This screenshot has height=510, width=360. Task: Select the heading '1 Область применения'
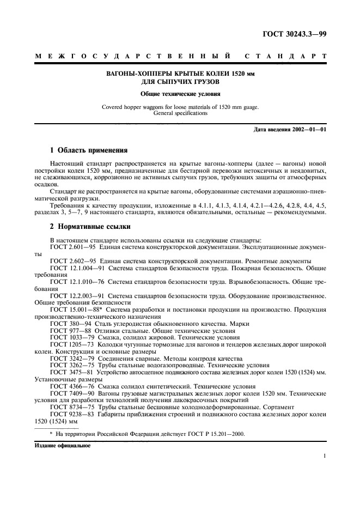click(85, 149)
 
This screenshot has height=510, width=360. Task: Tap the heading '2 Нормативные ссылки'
click(86, 226)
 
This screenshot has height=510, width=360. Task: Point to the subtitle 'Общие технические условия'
click(180, 94)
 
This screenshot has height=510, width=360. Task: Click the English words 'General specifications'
click(180, 113)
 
